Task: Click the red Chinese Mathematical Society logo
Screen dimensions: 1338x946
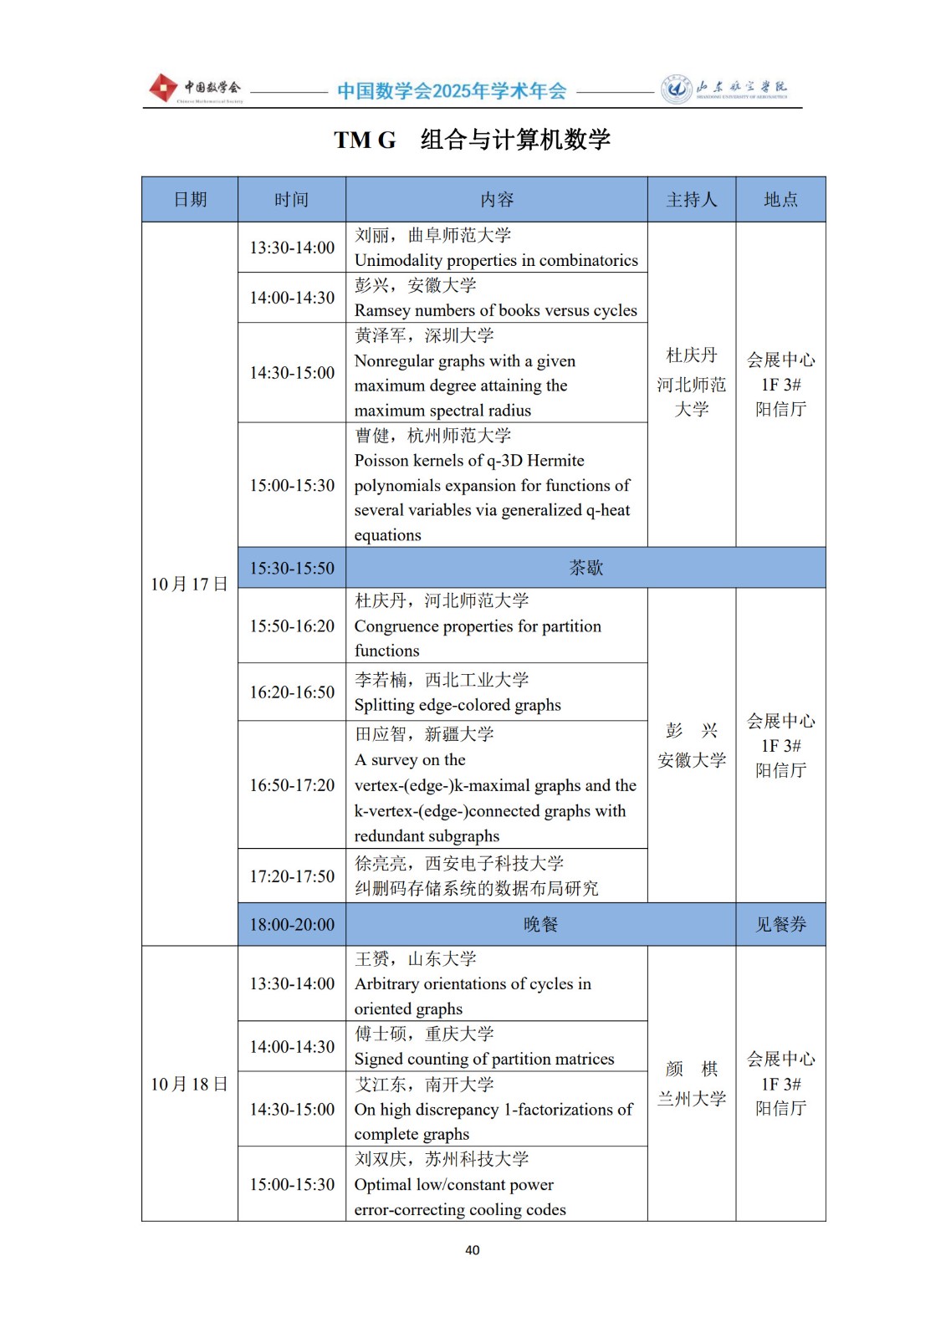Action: [x=163, y=88]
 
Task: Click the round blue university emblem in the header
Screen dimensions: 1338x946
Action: [x=676, y=89]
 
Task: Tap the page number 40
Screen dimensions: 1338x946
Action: [x=473, y=1250]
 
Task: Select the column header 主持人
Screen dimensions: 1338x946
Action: [x=692, y=200]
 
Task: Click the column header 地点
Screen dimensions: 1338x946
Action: [x=780, y=200]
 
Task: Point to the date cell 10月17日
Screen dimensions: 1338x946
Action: [x=189, y=585]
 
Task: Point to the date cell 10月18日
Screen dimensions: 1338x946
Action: [x=189, y=1085]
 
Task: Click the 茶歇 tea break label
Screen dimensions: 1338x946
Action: [x=585, y=569]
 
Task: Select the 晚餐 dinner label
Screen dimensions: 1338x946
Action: [x=540, y=925]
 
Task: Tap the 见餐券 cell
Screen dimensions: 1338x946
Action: [x=780, y=925]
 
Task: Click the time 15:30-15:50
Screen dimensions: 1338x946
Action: [x=292, y=569]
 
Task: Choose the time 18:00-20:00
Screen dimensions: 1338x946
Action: [x=292, y=925]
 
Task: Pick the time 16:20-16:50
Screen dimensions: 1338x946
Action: [x=292, y=692]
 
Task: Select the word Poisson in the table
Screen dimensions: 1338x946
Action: [x=382, y=461]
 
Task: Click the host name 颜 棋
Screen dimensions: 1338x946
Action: [x=692, y=1070]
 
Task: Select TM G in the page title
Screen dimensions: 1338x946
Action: [x=365, y=140]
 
